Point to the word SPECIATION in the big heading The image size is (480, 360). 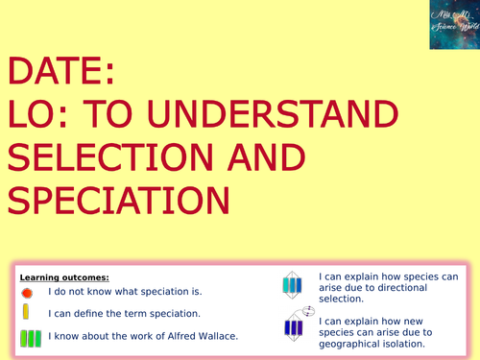[x=118, y=199]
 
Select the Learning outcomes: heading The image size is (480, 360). [x=58, y=276]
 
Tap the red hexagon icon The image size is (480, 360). [x=27, y=291]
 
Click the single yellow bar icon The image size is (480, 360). [x=27, y=313]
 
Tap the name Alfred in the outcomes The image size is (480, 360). [x=170, y=334]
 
